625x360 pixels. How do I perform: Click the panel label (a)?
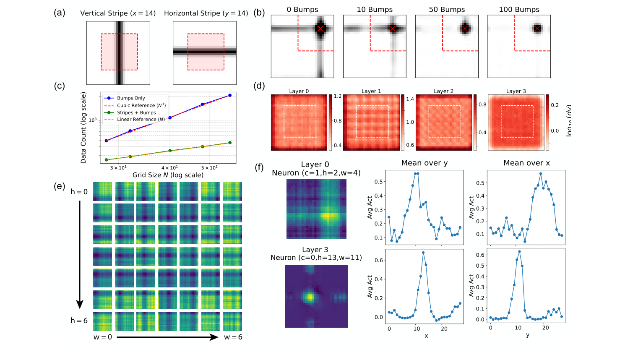tap(59, 13)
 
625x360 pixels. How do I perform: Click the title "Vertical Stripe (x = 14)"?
tap(118, 13)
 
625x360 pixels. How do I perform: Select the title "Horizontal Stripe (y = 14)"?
tap(206, 13)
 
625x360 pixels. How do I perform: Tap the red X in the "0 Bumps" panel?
tap(320, 29)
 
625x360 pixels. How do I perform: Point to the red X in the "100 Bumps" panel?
tap(537, 29)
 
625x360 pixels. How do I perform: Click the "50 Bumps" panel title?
tap(447, 10)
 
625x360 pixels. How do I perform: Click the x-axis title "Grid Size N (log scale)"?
tap(168, 175)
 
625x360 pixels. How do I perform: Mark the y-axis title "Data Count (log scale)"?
tap(83, 128)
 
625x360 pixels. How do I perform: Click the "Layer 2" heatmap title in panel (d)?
tap(443, 91)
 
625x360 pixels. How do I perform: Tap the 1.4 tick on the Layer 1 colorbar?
tap(410, 99)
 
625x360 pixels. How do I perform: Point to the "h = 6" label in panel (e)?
tap(79, 321)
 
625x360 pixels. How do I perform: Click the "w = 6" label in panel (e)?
tap(233, 337)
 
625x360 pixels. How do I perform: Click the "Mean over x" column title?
tap(526, 163)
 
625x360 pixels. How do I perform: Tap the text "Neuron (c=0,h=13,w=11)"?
tap(316, 258)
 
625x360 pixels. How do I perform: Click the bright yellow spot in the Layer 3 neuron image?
tap(310, 297)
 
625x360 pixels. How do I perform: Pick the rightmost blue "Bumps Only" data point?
tap(230, 95)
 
